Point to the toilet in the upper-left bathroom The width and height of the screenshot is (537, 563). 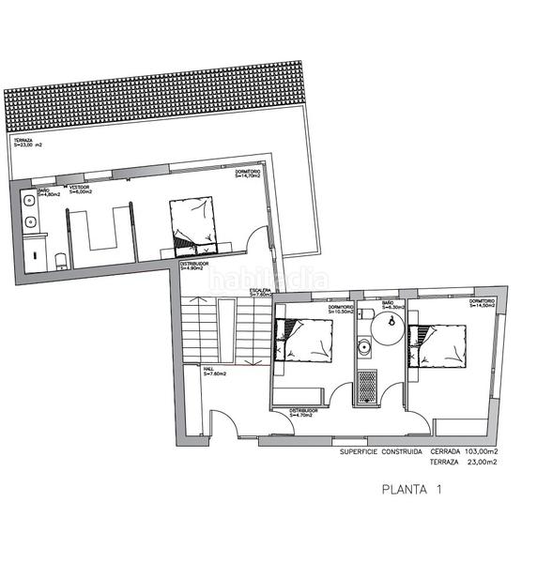(58, 258)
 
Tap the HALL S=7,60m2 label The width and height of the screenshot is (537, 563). (215, 372)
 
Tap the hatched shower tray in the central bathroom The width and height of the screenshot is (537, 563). (367, 388)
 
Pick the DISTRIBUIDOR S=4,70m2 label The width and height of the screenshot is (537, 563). (305, 413)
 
